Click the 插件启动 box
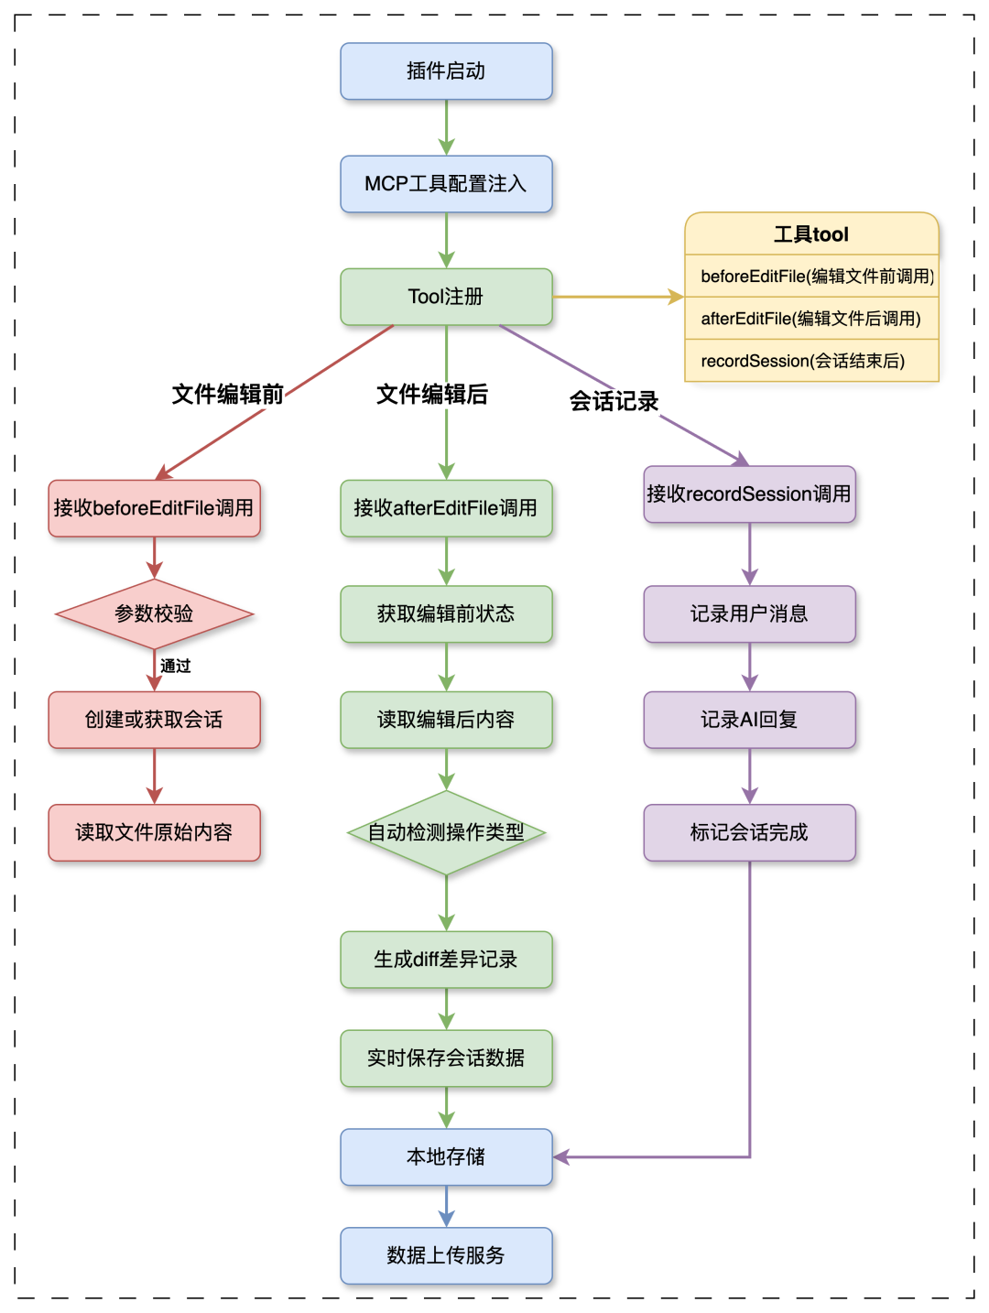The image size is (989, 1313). coord(446,71)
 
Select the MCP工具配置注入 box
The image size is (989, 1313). coord(446,184)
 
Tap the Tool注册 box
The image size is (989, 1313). coord(446,297)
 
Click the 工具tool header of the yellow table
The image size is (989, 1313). coord(811,234)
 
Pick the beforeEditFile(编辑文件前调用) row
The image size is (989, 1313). coord(811,277)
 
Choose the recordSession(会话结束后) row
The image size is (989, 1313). coord(811,361)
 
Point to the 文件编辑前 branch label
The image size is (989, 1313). coord(228,395)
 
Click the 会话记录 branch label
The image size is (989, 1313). coord(614,401)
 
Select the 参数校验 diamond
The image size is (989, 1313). coord(154,613)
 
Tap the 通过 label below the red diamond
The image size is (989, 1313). coord(176,666)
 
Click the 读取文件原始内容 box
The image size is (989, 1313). coord(154,832)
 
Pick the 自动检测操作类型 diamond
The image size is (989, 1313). coord(446,832)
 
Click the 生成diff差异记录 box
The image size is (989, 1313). coord(446,960)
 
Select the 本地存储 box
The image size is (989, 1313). coord(446,1157)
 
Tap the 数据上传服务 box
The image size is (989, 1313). coord(446,1255)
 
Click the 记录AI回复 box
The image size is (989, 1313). coord(749,720)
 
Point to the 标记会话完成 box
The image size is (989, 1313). coord(749,832)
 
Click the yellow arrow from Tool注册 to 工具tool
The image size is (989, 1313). coord(618,297)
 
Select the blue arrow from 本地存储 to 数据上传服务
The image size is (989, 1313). coord(446,1206)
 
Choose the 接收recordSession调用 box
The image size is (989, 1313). coord(749,494)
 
